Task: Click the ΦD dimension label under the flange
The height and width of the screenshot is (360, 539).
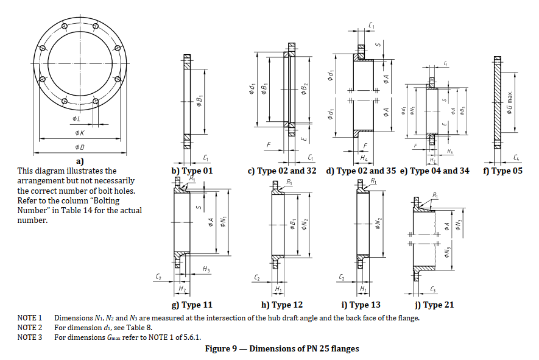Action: tap(80, 147)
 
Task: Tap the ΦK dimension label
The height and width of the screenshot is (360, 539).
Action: tap(80, 132)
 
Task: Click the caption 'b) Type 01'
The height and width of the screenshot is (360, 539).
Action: tap(192, 171)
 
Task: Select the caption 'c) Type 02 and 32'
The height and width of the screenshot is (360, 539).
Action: tap(282, 171)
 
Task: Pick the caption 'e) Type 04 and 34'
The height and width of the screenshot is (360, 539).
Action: tap(435, 171)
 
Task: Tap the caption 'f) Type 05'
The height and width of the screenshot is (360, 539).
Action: tap(502, 171)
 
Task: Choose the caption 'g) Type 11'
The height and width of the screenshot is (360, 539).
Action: tap(192, 305)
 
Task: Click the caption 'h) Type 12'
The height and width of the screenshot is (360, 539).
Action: tap(281, 305)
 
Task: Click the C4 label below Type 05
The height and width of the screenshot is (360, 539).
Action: tap(516, 158)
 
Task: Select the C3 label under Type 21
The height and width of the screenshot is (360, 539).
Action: tap(432, 288)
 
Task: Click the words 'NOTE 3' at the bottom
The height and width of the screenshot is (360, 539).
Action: tap(29, 337)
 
